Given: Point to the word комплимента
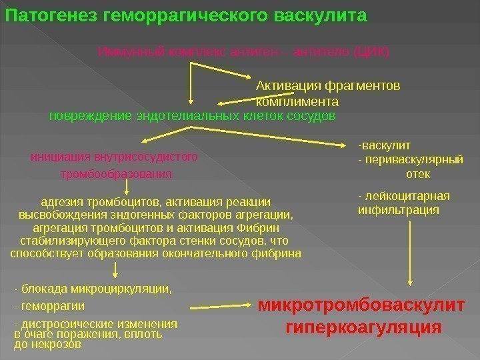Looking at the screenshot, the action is tap(297, 102).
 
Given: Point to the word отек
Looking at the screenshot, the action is tap(418, 174).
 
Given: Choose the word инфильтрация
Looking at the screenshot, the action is tap(399, 210).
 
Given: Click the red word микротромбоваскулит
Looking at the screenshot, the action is tap(361, 306).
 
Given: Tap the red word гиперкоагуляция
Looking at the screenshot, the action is tap(363, 327).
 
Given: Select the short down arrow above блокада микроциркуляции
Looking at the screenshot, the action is tap(116, 269).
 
